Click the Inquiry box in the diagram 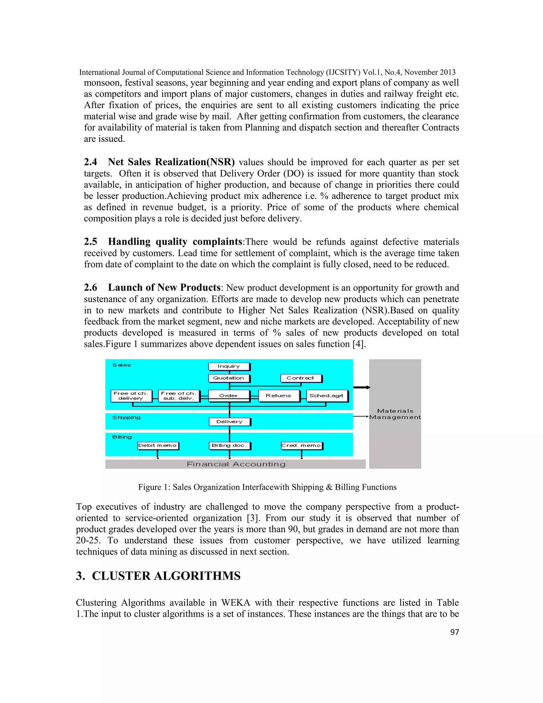pos(229,366)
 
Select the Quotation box pos(229,378)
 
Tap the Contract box pos(300,378)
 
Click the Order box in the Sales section pos(229,396)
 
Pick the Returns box pos(279,396)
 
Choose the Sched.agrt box pos(326,396)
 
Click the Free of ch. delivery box pos(131,396)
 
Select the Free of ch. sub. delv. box pos(178,396)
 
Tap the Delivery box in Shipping pos(229,422)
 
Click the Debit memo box pos(158,445)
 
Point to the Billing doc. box pos(229,445)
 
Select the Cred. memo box pos(301,445)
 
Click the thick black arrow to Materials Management pos(362,387)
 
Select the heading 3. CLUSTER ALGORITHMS pos(158,576)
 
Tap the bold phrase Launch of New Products pos(164,288)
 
